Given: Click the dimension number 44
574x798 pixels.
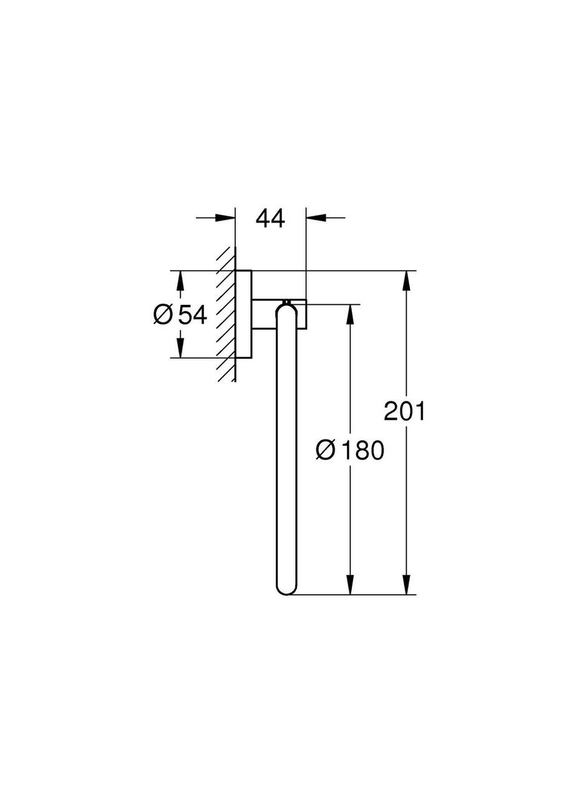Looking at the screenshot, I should pos(270,219).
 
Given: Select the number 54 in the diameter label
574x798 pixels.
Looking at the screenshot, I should pos(192,315).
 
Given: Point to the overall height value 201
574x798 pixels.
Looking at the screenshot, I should pos(404,411).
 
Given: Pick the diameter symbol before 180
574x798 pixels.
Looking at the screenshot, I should pos(326,449).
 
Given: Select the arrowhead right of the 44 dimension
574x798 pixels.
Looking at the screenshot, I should pos(316,218).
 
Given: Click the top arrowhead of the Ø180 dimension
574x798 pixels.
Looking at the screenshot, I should pos(350,314).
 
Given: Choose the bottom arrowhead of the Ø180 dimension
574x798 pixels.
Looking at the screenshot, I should pos(350,584).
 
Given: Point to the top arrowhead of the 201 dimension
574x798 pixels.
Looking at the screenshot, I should pos(407,281).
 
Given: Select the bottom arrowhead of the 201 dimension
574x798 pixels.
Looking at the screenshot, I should pos(407,584).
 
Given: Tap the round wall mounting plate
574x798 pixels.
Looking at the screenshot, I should pos(244,315).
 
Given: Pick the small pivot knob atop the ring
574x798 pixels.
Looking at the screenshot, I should pos(287,303).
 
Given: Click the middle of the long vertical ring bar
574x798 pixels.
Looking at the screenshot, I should pos(287,449).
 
